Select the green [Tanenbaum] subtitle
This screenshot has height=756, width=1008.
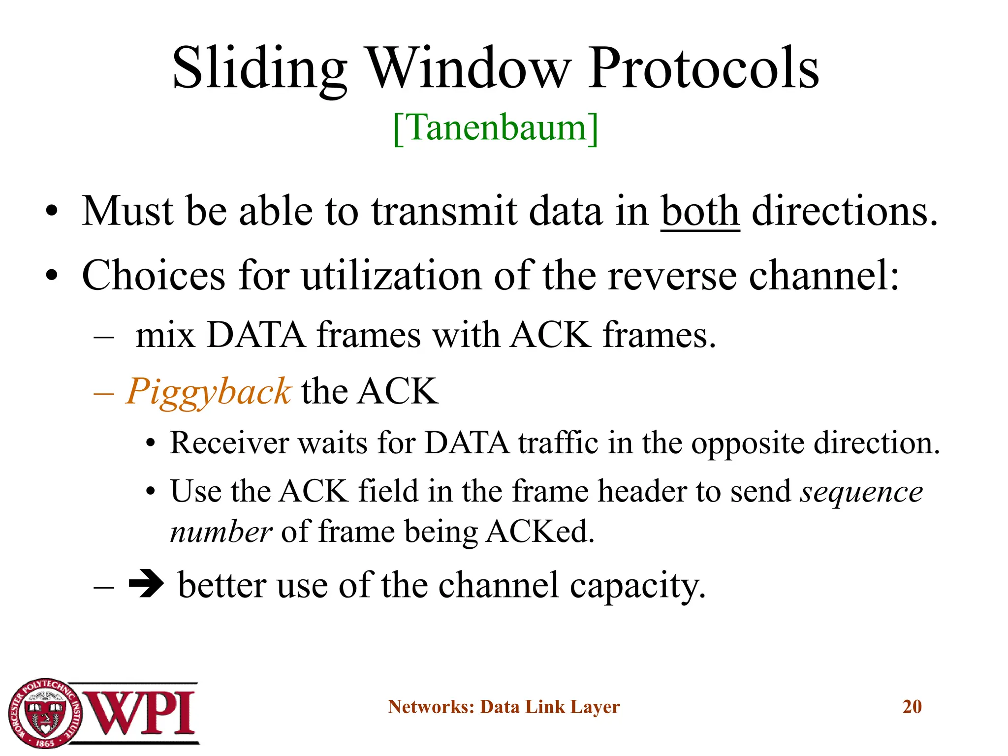coord(496,127)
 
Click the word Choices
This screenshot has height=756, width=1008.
coord(154,276)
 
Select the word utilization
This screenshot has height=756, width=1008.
coord(391,276)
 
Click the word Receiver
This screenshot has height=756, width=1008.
coord(229,443)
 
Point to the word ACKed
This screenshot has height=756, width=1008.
coord(540,532)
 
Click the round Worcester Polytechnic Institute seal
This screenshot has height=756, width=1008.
coord(45,713)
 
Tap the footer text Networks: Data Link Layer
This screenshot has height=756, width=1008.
coord(504,707)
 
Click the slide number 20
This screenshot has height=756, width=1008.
coord(912,707)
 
